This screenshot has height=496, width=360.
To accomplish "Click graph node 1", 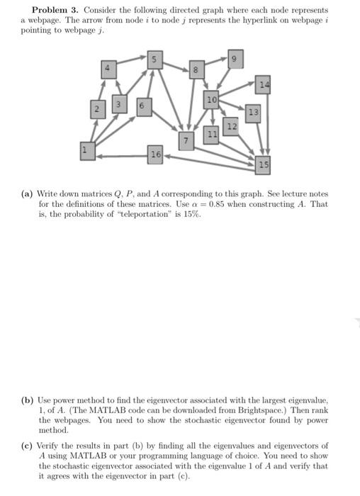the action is coord(86,150).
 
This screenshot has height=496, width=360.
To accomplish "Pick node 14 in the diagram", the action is coord(264,84).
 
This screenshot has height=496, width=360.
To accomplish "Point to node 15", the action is coord(264,165).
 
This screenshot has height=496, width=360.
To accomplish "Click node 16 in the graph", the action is coord(155,154).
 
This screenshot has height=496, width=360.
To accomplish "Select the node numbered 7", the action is coord(186,140).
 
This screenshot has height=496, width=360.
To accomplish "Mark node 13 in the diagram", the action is coord(252,113).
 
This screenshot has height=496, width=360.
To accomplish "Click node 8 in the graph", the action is coord(198,69).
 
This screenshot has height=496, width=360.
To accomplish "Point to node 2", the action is coord(99,109).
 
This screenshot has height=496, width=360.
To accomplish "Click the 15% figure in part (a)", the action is coord(191,214).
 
